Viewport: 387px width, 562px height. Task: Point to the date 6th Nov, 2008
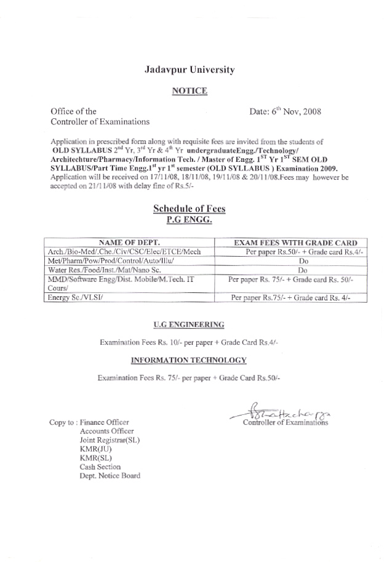285,112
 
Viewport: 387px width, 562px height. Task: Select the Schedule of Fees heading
189,209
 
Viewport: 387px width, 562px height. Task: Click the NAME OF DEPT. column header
129,242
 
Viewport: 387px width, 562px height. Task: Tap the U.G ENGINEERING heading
189,323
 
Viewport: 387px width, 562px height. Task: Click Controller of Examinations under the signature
285,423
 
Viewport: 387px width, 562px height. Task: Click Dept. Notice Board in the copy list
110,475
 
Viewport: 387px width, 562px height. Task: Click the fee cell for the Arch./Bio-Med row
298,252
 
